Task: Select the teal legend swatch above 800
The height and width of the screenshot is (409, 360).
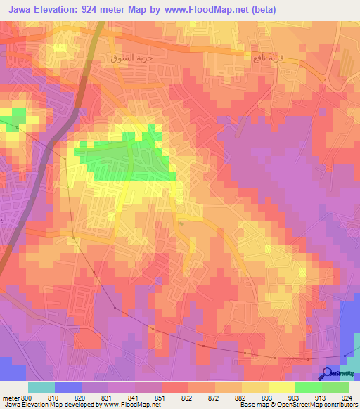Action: click(x=41, y=387)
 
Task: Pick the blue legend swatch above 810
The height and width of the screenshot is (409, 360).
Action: click(x=68, y=387)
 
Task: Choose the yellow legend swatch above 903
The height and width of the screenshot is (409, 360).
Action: click(x=282, y=387)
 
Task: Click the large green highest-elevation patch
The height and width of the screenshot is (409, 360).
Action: click(x=134, y=158)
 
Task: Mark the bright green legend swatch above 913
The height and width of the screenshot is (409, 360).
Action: click(x=309, y=387)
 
